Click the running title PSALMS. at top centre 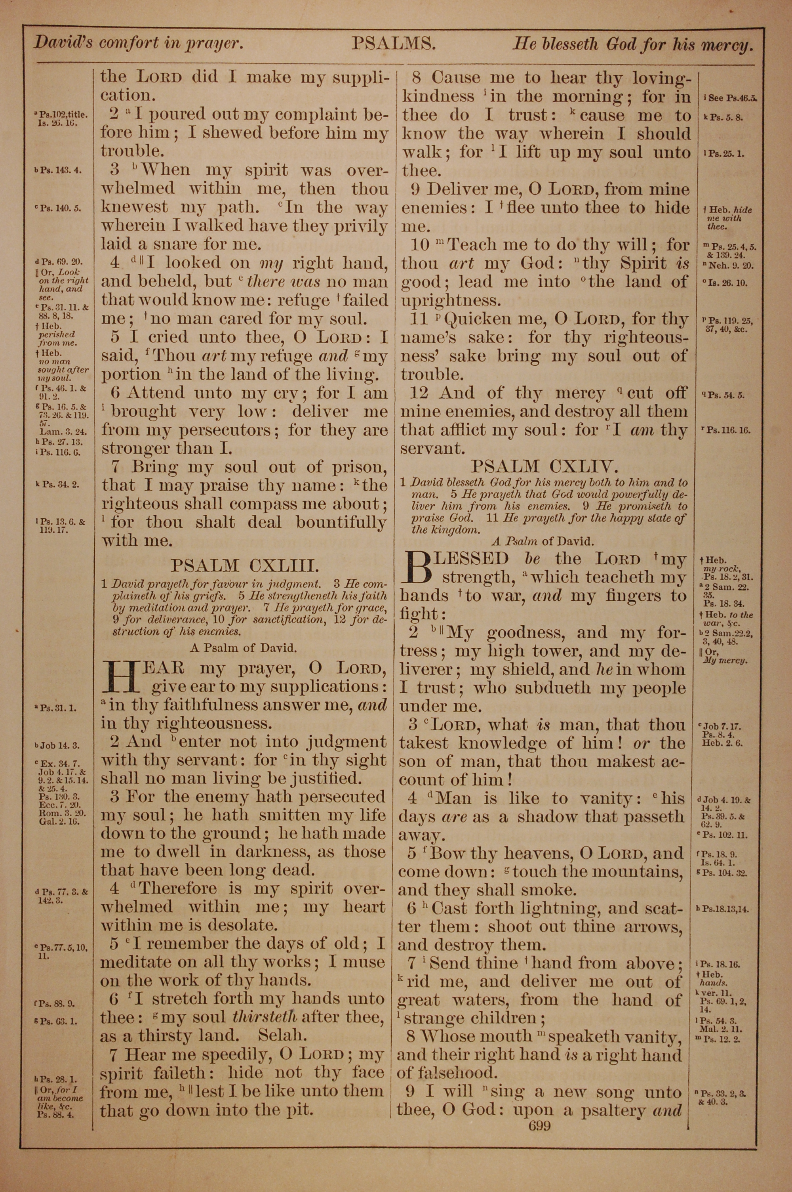pos(394,44)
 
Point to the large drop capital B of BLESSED pos(419,568)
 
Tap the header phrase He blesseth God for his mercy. pos(633,46)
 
